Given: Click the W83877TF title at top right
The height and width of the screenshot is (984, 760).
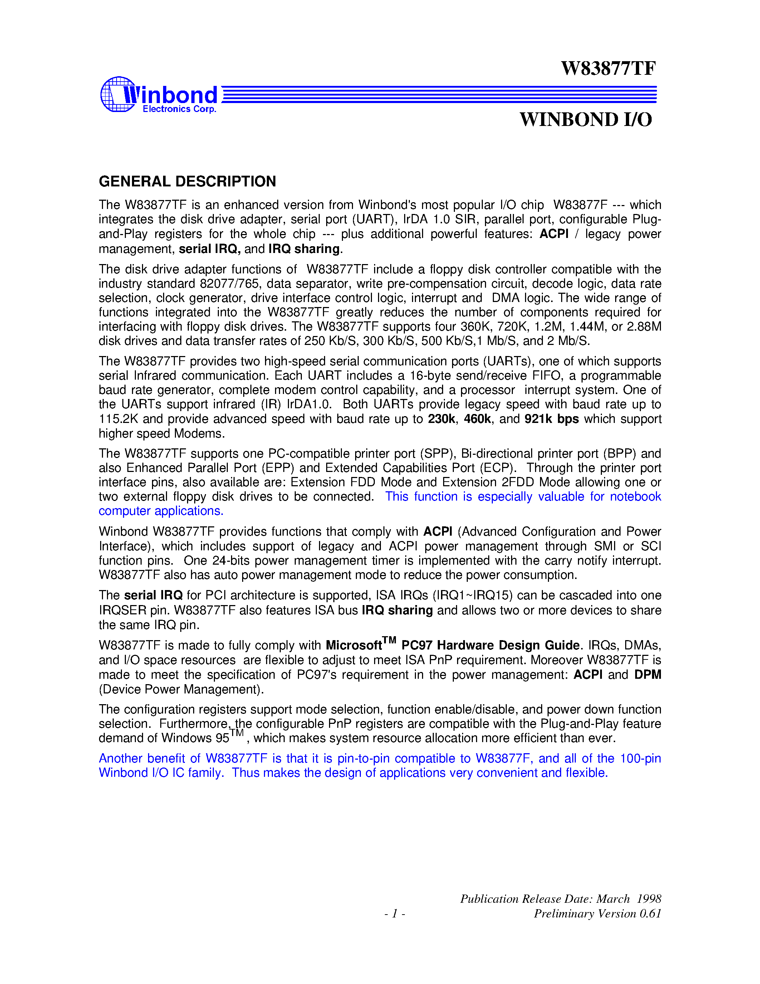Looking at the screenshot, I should [608, 68].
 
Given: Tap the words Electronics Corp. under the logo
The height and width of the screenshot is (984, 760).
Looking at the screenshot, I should [179, 109].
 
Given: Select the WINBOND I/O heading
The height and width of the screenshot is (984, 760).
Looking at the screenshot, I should [585, 120].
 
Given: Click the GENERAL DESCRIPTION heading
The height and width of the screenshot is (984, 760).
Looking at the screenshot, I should [187, 181].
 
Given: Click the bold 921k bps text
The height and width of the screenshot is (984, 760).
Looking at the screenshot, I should [551, 419].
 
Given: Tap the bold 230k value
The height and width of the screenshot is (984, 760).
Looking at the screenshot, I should [441, 419].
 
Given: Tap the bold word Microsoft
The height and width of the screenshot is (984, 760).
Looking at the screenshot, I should [354, 646].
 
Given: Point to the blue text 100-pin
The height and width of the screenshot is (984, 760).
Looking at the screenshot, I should [640, 758].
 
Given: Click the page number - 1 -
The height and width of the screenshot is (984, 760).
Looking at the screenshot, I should [394, 914].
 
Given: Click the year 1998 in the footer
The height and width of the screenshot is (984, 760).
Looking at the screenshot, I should [649, 899].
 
